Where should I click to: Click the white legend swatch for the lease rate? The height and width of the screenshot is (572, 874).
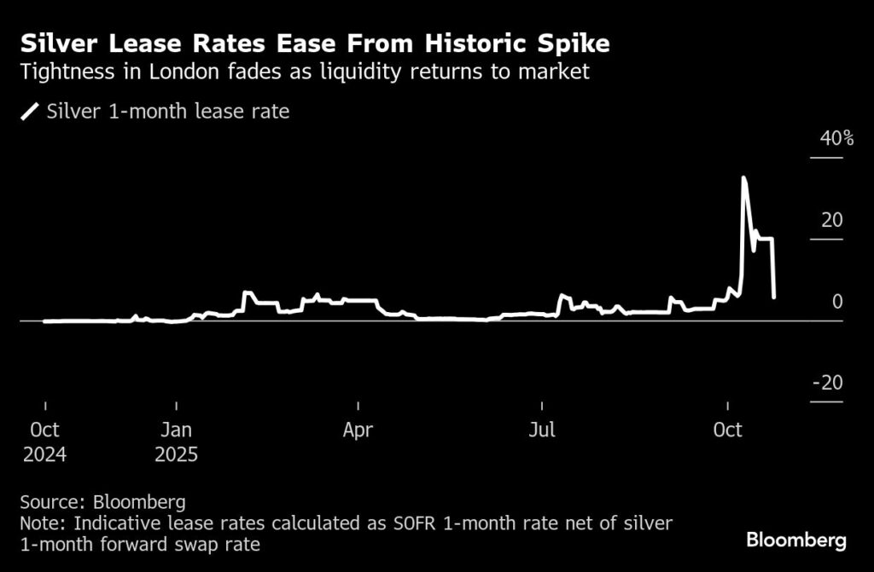click(x=30, y=112)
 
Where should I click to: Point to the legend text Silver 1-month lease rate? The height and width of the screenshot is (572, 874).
click(x=168, y=112)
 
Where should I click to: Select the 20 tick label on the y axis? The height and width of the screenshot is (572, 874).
click(x=831, y=220)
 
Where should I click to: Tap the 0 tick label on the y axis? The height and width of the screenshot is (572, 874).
click(x=837, y=302)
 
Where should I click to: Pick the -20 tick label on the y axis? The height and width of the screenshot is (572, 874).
click(x=827, y=383)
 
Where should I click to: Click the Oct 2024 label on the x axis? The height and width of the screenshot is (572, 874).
click(x=44, y=442)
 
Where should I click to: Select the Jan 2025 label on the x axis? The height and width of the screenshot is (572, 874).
click(x=176, y=442)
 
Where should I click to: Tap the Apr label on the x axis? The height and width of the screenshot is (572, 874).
click(x=358, y=430)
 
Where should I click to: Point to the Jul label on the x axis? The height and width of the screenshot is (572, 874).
click(x=542, y=430)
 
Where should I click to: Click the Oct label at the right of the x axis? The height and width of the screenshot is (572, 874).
click(x=727, y=430)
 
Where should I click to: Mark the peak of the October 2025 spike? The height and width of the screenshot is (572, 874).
click(x=743, y=177)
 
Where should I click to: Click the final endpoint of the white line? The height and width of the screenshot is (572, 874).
click(x=773, y=297)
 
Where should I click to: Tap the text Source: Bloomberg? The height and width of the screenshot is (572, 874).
click(x=102, y=500)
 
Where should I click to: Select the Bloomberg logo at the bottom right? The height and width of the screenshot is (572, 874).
click(x=795, y=540)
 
